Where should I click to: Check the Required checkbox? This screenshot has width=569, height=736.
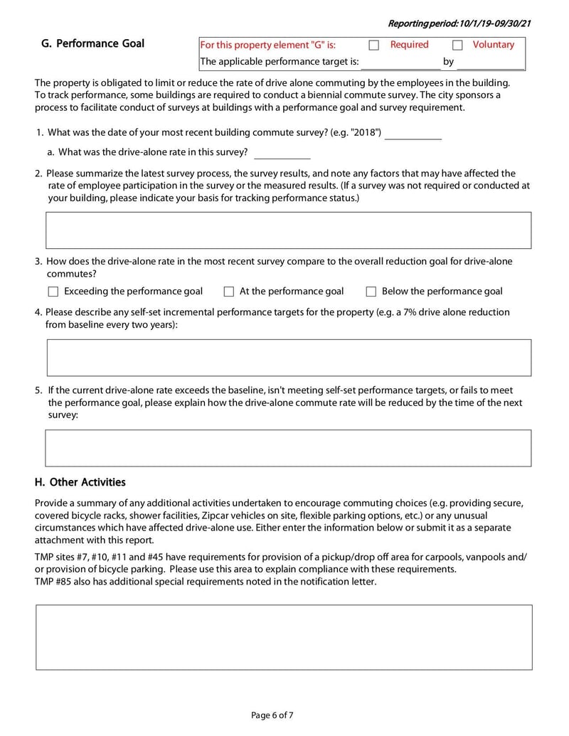point(373,45)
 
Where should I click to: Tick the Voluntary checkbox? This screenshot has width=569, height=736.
point(457,45)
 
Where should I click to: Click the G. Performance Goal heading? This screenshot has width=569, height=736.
point(92,43)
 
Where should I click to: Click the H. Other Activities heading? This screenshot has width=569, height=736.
point(80,482)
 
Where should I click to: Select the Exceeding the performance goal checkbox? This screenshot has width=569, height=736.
point(53,292)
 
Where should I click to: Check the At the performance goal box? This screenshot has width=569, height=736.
point(229,292)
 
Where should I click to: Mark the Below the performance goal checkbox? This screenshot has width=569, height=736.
point(371,292)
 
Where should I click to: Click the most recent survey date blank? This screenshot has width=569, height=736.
point(413,133)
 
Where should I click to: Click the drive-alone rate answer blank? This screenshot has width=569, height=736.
point(282,152)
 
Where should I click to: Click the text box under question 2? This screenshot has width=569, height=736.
point(288,230)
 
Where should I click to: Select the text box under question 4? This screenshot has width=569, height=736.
point(288,358)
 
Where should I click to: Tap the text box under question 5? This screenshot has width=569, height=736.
point(288,448)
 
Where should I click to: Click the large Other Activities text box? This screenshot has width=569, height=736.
point(284,637)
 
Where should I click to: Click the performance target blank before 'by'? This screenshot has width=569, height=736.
point(400,62)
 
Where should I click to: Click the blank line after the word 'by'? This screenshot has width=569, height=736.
point(490,62)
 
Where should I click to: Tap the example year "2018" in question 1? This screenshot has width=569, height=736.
point(365,133)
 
